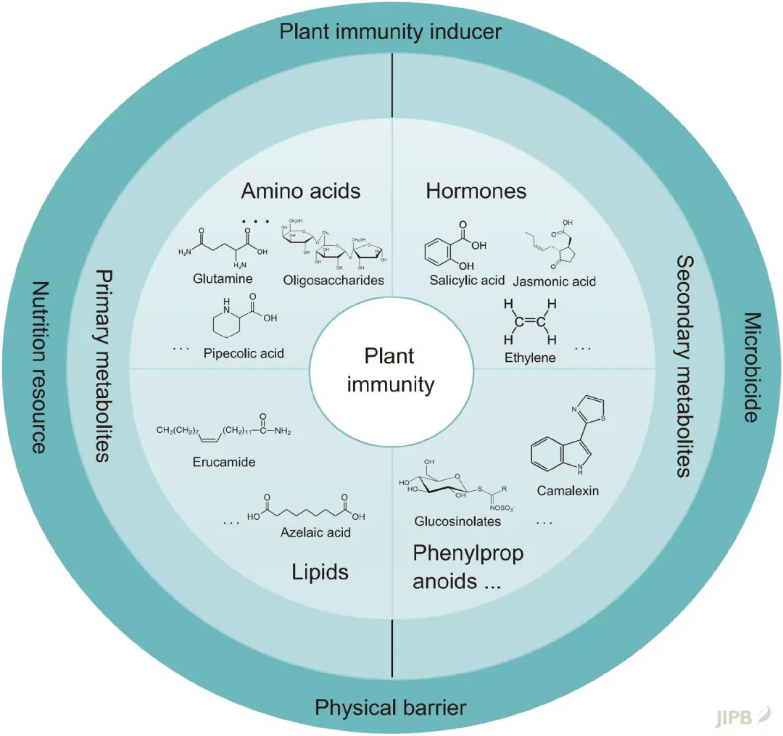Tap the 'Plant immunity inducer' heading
(391, 33)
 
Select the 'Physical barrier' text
(391, 707)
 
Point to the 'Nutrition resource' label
(38, 368)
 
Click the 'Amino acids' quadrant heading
(301, 191)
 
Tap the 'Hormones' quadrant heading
(476, 191)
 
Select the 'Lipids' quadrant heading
(320, 571)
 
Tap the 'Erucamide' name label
(224, 462)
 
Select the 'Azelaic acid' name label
(315, 533)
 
